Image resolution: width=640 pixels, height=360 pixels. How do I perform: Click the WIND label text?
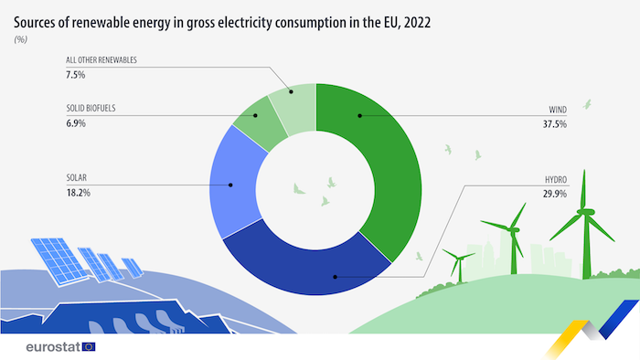[557, 108]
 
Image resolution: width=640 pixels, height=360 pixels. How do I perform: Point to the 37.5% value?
[555, 122]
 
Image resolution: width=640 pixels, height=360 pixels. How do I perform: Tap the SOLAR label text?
[78, 177]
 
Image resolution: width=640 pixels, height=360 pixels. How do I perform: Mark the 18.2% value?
[78, 193]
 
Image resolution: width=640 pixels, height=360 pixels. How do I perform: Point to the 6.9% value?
[76, 122]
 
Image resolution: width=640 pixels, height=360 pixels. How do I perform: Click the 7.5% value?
[76, 75]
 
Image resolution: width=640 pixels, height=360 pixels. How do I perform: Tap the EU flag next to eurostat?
[89, 347]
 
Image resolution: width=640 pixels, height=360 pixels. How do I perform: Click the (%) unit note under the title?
[20, 40]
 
